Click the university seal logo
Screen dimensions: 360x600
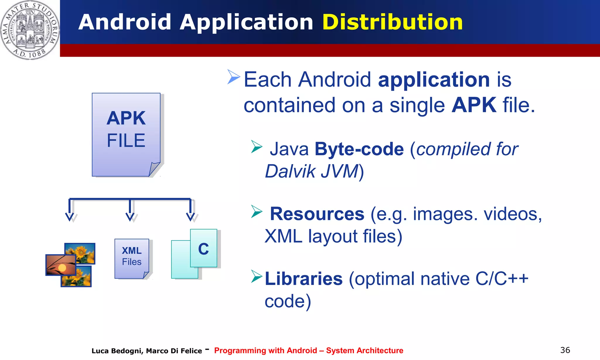pyautogui.click(x=30, y=30)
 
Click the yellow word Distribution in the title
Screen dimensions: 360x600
pyautogui.click(x=392, y=22)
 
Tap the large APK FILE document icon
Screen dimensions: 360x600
pyautogui.click(x=126, y=134)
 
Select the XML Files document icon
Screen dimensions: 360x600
pyautogui.click(x=132, y=259)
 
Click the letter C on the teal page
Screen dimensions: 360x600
pyautogui.click(x=204, y=249)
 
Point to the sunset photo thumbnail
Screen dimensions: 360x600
pyautogui.click(x=61, y=265)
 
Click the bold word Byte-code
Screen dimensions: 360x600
pyautogui.click(x=359, y=149)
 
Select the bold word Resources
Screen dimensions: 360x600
pyautogui.click(x=317, y=214)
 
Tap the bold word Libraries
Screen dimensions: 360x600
pyautogui.click(x=304, y=279)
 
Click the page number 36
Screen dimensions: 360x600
pyautogui.click(x=565, y=350)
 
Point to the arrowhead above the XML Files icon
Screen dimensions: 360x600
pyautogui.click(x=130, y=216)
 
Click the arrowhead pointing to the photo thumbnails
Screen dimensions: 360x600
pyautogui.click(x=69, y=216)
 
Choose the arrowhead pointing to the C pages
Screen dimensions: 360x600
pyautogui.click(x=190, y=216)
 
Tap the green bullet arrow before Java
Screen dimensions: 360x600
pyautogui.click(x=257, y=146)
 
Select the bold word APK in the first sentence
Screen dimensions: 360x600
pyautogui.click(x=474, y=105)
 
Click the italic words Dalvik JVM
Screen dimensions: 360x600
pyautogui.click(x=312, y=171)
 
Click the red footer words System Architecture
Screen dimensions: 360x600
pyautogui.click(x=364, y=351)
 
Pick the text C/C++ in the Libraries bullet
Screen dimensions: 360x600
pyautogui.click(x=502, y=279)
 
